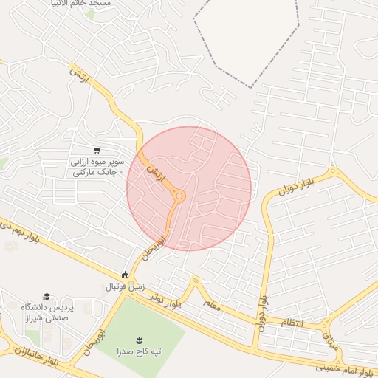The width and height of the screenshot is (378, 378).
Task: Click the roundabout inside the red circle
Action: pos(179,196)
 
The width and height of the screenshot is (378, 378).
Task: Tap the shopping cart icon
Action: pos(97,150)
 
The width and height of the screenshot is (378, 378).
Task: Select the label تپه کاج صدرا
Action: pos(137,352)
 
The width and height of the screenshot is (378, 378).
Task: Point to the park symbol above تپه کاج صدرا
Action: pos(138,340)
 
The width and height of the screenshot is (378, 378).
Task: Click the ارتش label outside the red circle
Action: pos(79,75)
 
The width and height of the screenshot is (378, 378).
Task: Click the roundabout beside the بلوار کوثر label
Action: pos(195,282)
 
